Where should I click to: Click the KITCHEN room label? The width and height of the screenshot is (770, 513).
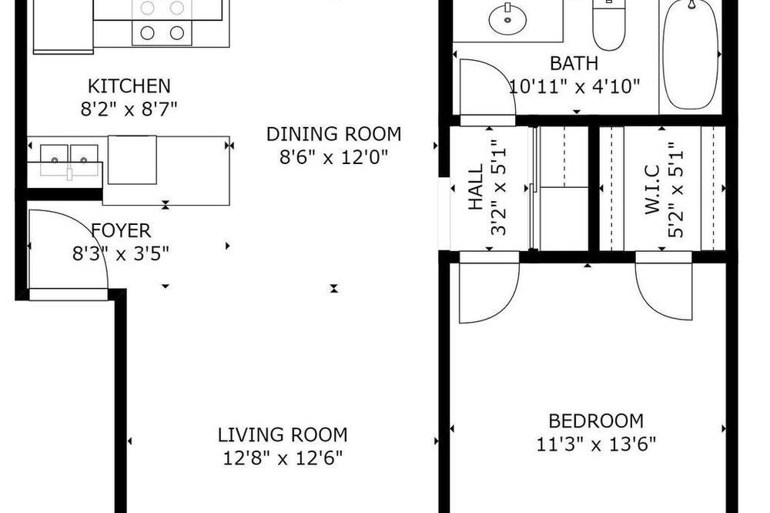click(x=129, y=86)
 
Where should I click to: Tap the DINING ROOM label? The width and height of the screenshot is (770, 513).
click(x=334, y=134)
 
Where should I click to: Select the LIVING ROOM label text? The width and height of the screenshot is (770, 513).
click(x=283, y=435)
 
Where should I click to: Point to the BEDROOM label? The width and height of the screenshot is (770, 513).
click(x=596, y=421)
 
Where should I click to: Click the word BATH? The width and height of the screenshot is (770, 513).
click(x=574, y=63)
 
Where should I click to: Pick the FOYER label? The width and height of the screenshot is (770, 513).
click(x=121, y=230)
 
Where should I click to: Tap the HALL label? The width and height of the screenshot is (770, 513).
click(x=476, y=186)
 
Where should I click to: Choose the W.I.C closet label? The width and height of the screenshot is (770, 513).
click(x=652, y=189)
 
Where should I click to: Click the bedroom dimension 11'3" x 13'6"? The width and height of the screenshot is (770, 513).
click(x=596, y=444)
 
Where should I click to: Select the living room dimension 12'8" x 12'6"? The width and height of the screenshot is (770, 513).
click(x=283, y=458)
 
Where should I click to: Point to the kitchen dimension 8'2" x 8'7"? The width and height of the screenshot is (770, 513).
click(x=129, y=109)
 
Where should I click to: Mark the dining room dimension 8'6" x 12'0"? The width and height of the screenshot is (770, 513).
click(x=334, y=157)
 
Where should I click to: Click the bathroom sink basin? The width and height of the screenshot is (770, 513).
click(x=507, y=20)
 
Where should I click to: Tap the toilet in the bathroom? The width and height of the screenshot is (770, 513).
click(x=609, y=25)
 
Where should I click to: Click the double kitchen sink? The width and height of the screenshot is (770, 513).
click(x=69, y=160)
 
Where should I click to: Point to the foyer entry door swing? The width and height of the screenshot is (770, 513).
click(x=69, y=250)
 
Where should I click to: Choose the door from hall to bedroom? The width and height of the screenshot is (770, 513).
click(x=489, y=293)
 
